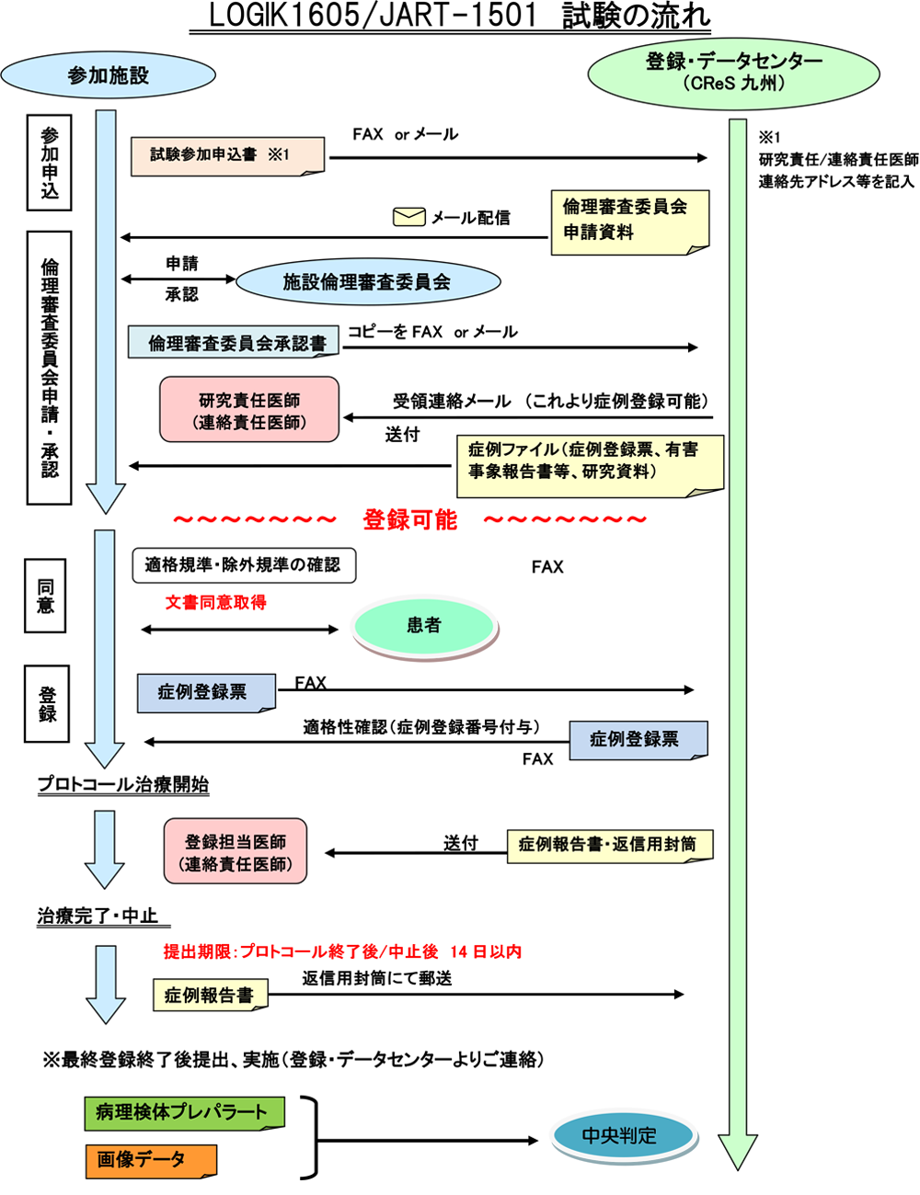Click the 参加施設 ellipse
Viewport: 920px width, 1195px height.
(109, 75)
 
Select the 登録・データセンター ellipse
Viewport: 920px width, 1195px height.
(733, 72)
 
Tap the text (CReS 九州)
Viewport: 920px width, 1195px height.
(733, 85)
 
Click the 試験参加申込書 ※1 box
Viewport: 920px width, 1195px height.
(227, 155)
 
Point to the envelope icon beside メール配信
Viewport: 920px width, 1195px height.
(408, 217)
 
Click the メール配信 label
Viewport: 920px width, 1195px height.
(471, 218)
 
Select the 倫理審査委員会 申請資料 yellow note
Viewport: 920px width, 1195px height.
(629, 221)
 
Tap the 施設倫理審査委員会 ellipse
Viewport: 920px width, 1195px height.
(367, 282)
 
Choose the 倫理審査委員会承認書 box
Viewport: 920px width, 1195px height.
(234, 343)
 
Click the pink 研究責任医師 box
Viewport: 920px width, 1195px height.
(249, 410)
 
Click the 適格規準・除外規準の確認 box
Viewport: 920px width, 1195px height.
(243, 564)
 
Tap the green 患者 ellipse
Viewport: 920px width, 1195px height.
(424, 625)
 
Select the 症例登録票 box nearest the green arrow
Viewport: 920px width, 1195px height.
(638, 739)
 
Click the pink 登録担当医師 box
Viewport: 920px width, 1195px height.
(236, 852)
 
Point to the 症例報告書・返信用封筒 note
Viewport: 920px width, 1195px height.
(609, 845)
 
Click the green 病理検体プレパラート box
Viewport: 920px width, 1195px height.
(184, 1113)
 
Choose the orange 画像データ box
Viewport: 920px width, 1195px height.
(151, 1160)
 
